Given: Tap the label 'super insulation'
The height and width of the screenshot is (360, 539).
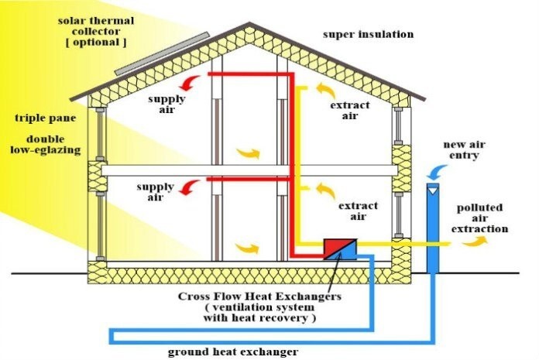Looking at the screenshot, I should [x=369, y=35].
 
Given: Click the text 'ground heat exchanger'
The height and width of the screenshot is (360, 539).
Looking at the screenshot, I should [x=233, y=351].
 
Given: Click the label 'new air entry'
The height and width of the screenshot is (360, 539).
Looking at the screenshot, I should [x=463, y=150].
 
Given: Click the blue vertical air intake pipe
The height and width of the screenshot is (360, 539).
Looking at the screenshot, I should [x=432, y=232].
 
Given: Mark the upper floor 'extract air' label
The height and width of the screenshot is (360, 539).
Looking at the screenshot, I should [x=349, y=110].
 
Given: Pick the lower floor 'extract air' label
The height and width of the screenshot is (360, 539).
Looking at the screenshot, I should [x=358, y=211].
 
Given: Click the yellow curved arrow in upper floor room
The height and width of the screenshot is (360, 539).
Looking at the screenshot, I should [x=249, y=153].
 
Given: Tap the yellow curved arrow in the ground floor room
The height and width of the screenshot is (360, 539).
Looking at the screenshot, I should [x=249, y=248].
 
